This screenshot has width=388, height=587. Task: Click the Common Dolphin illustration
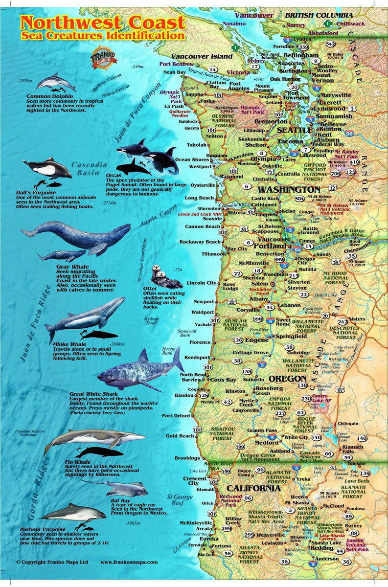(x=55, y=82)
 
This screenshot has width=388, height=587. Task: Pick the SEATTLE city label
(x=295, y=130)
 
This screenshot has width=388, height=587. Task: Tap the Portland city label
(x=270, y=246)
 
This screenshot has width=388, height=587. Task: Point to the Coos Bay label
(x=223, y=380)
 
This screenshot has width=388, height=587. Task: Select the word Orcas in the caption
(x=114, y=179)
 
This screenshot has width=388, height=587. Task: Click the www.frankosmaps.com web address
(x=129, y=562)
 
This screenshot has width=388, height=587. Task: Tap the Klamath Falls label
(x=352, y=449)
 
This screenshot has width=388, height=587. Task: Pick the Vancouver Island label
(x=202, y=56)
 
